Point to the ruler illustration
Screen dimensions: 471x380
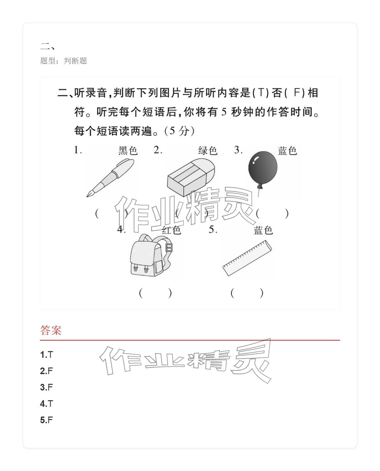(247, 258)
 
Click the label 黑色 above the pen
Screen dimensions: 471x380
(128, 151)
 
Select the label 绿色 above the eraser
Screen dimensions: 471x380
(208, 151)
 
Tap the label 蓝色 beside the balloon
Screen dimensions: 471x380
(287, 151)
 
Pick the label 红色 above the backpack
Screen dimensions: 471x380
(171, 230)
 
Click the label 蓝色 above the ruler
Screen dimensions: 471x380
(263, 230)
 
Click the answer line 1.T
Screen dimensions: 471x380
(47, 355)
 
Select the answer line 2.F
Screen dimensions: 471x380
(47, 371)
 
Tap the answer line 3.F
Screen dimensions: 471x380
(47, 388)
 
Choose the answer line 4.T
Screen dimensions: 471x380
(47, 404)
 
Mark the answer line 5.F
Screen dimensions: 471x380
(47, 420)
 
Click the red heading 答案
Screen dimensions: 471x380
(51, 330)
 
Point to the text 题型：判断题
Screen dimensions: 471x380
(63, 61)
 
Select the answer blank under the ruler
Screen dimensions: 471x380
(247, 293)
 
